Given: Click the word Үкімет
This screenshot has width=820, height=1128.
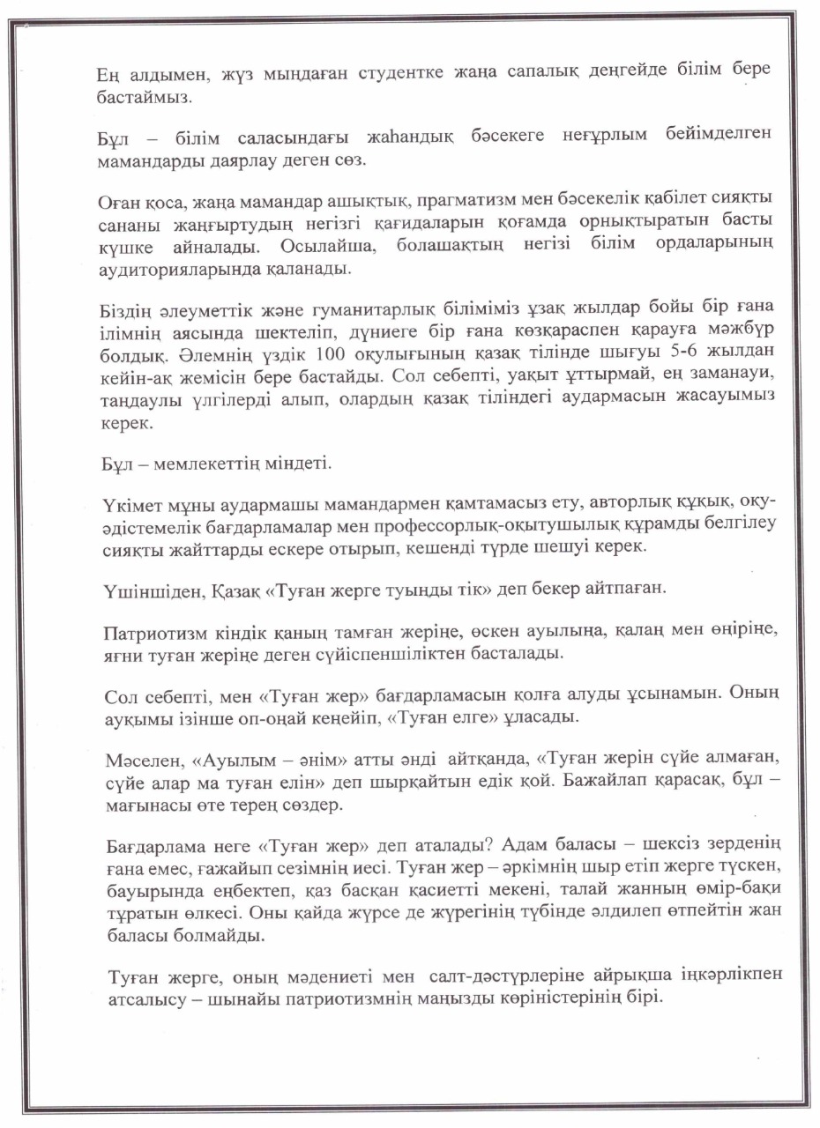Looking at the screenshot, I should (126, 505).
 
